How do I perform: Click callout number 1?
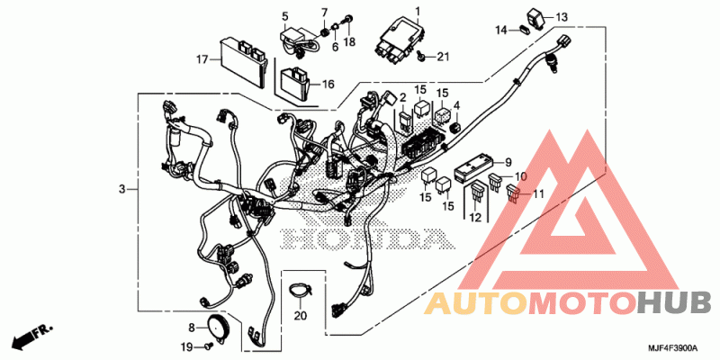pos(418,10)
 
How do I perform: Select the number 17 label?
pos(202,59)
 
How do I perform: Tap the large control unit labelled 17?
pos(244,61)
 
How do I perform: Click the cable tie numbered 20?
pos(300,291)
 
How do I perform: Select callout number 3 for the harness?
pos(121,189)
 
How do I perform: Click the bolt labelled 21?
pos(420,56)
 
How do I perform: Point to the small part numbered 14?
pos(525,31)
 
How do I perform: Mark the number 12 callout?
pos(475,218)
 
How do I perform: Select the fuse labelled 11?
pos(513,194)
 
